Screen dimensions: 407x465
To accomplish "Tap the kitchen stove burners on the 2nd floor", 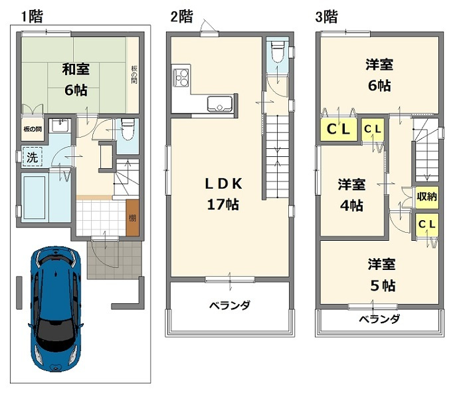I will (x=181, y=78).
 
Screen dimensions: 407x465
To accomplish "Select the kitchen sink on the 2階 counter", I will (x=219, y=104).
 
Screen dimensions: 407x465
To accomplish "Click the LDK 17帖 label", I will (x=223, y=194).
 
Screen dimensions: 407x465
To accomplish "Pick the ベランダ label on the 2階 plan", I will (x=229, y=306).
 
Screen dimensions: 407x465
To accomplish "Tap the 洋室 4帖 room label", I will (x=350, y=194).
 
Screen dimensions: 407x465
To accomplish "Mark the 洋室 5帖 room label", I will (x=382, y=275).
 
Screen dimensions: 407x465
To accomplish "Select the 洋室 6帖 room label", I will (x=379, y=74).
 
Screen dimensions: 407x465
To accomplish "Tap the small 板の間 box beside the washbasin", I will (x=32, y=129).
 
